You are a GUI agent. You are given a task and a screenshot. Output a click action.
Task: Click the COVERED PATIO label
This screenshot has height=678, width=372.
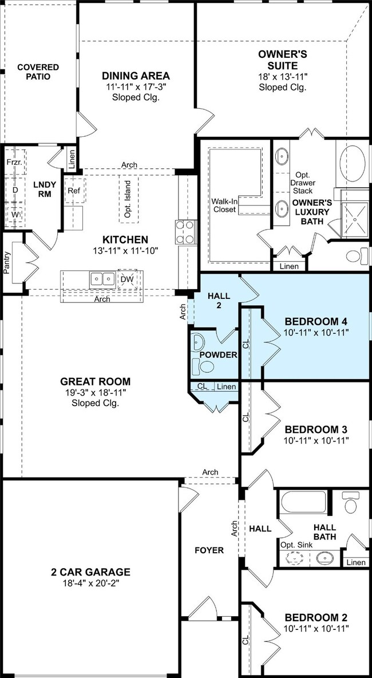point(38,72)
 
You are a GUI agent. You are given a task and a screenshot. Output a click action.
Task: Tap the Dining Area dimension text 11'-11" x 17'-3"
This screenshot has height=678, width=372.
point(136,86)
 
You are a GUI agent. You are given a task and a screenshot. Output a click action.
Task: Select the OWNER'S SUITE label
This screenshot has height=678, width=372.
point(283,60)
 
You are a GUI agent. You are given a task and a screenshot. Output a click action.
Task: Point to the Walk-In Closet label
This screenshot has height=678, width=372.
point(223,206)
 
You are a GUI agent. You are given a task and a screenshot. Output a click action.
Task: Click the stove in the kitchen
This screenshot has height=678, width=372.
point(185,232)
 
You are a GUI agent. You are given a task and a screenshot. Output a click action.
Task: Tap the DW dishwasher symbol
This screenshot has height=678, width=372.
point(127,280)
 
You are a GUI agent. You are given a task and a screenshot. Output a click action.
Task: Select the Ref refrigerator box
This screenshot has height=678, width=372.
point(75,190)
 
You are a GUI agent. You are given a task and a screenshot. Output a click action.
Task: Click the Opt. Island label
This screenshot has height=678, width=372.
point(129,199)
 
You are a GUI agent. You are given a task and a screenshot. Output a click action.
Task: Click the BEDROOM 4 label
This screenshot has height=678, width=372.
point(316,322)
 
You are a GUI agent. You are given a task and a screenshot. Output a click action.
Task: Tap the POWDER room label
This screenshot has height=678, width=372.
point(219,355)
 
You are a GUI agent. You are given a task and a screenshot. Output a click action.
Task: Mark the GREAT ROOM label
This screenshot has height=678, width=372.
point(96,381)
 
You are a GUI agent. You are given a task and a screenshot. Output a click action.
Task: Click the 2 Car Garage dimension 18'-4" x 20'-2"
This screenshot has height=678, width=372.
point(91,584)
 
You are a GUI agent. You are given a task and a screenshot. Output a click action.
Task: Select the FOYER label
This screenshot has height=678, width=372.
point(209,550)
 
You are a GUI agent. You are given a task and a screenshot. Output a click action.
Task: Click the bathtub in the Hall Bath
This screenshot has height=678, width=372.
point(303,502)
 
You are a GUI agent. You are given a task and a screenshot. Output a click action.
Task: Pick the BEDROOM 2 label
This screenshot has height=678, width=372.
point(316,618)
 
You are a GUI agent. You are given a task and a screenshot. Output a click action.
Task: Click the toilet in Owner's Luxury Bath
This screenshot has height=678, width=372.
point(357,256)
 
